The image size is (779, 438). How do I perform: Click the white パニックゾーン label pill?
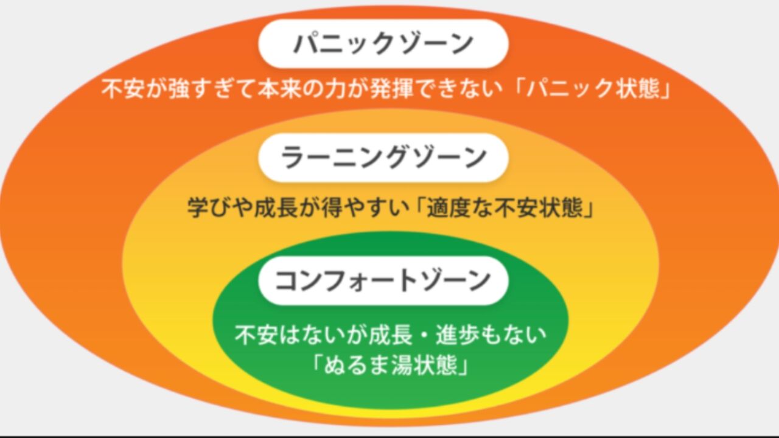point(383,43)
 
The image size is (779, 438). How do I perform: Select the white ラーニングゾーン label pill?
point(383,158)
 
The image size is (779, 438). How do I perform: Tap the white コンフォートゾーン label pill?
point(383,280)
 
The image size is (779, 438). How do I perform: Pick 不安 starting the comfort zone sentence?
point(256,335)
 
